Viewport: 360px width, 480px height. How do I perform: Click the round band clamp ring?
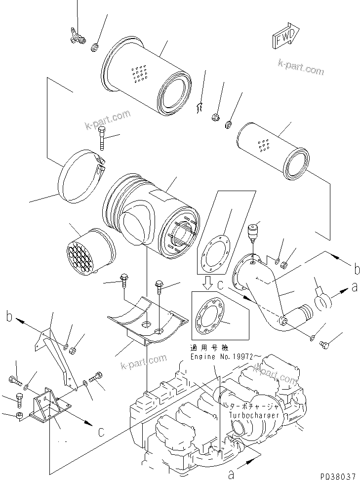tap(81, 180)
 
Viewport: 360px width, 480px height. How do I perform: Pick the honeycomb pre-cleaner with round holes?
tap(89, 252)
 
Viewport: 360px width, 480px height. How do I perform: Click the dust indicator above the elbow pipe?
tap(252, 232)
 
